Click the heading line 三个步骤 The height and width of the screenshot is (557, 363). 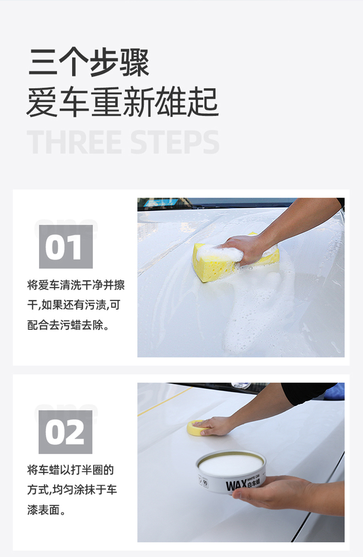[89, 62]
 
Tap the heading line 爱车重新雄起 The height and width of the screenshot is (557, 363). [123, 102]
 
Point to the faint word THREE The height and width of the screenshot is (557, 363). [74, 142]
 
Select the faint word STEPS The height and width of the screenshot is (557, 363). [175, 142]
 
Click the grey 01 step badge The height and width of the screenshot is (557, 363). [66, 247]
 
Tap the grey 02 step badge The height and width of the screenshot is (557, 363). [65, 432]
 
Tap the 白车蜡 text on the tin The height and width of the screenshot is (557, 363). [254, 482]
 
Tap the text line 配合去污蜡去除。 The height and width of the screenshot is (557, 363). [68, 325]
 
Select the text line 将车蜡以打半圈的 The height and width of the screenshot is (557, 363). [70, 470]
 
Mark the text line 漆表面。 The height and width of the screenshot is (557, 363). [46, 511]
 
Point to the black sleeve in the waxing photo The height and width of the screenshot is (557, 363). [309, 393]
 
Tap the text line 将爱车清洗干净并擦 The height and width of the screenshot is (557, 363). [76, 285]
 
